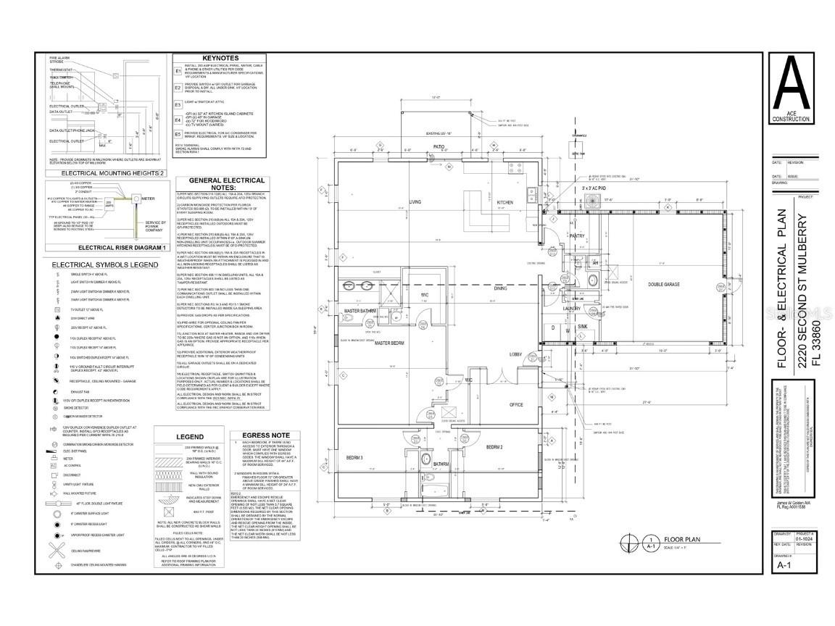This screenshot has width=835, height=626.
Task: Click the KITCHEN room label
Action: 505,203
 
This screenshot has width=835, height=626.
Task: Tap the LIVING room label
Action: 415,202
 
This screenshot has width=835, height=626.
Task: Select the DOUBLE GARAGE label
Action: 663,285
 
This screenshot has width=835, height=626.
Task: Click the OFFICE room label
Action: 516,404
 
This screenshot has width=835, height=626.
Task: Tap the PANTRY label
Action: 577,236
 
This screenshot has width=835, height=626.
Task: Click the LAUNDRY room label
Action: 572,309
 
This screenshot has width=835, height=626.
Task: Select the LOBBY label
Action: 515,354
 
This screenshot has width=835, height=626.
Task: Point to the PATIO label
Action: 439,146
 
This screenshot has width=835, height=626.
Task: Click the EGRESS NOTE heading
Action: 249,435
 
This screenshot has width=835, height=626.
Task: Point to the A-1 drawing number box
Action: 783,564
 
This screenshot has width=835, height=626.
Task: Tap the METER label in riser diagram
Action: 149,198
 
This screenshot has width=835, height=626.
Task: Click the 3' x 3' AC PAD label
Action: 578,189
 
